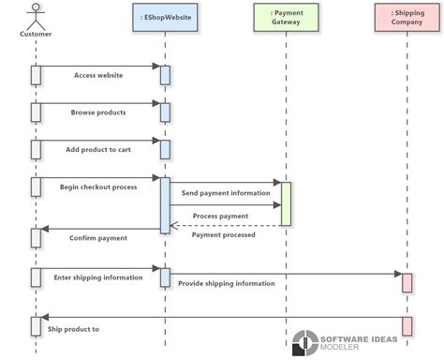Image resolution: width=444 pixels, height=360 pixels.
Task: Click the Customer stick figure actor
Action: pyautogui.click(x=36, y=16)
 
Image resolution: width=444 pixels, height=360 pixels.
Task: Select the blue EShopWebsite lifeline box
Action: pyautogui.click(x=165, y=17)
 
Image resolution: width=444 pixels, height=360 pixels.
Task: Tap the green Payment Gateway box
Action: pyautogui.click(x=286, y=17)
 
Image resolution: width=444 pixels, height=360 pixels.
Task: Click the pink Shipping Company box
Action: pyautogui.click(x=407, y=17)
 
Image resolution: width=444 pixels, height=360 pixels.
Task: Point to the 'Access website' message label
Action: pyautogui.click(x=98, y=75)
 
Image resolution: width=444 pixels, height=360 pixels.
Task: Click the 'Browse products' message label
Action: pyautogui.click(x=98, y=112)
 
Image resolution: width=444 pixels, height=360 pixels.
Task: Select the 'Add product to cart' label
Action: pyautogui.click(x=99, y=149)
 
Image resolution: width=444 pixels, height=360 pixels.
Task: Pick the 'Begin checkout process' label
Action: pyautogui.click(x=98, y=187)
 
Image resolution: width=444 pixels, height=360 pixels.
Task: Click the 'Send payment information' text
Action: pyautogui.click(x=226, y=192)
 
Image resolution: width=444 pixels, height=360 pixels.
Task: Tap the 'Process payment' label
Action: pyautogui.click(x=220, y=216)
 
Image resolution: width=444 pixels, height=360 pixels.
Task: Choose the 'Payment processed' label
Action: pyautogui.click(x=223, y=234)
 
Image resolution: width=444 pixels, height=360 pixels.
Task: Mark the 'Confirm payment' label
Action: pyautogui.click(x=98, y=238)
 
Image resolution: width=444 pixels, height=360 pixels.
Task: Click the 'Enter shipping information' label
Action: pyautogui.click(x=98, y=277)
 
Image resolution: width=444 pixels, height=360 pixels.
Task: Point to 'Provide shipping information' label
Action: pyautogui.click(x=227, y=283)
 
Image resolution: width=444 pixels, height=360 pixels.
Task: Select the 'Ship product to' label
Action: pyautogui.click(x=73, y=329)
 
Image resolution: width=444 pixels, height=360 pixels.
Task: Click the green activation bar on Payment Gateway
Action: pyautogui.click(x=286, y=203)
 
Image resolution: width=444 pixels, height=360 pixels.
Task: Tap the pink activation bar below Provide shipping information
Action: pyautogui.click(x=407, y=282)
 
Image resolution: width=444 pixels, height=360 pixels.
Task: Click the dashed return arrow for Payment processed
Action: pyautogui.click(x=225, y=225)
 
